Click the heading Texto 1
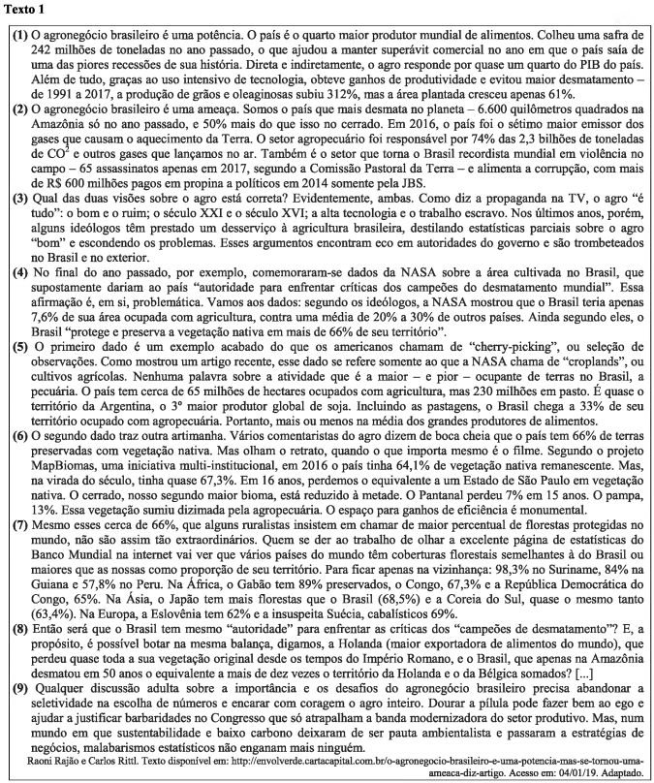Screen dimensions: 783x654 coord(29,10)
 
